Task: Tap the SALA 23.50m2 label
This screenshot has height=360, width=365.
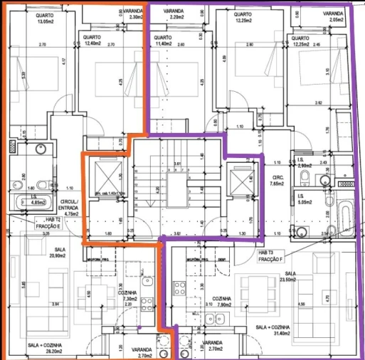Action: point(290,277)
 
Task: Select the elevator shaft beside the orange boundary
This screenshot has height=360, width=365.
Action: point(105,177)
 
